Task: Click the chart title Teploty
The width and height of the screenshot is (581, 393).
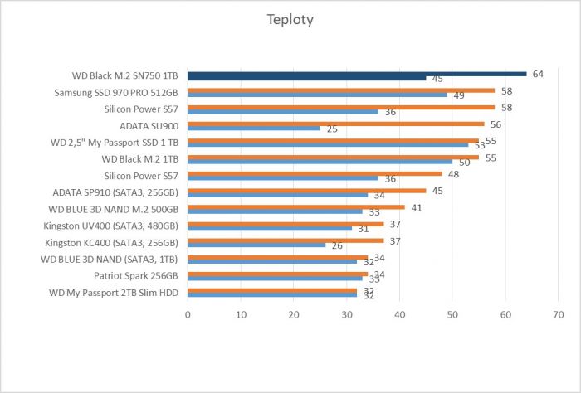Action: pos(290,20)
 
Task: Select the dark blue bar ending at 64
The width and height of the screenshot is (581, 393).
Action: pos(357,74)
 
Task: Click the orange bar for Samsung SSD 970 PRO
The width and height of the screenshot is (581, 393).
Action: pos(341,90)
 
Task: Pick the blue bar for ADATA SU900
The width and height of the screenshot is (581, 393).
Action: pos(254,128)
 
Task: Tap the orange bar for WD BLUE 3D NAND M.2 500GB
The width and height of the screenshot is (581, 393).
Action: pos(296,207)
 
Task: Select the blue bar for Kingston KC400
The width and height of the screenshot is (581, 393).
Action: pos(256,245)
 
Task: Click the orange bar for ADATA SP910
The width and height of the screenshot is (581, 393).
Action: pos(307,191)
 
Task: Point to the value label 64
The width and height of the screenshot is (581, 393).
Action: pos(538,74)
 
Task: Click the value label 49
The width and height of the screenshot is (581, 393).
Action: pos(459,95)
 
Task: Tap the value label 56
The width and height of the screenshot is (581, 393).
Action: pos(496,124)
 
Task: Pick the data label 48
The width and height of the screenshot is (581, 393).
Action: pos(453,174)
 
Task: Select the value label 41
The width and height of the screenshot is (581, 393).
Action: pos(417,208)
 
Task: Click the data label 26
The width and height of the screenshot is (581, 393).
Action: pos(337,245)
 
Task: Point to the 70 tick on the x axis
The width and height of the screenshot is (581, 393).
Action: pos(558,315)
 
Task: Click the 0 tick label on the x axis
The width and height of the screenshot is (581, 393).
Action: pos(188,315)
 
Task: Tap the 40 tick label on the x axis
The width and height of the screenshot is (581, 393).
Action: pos(399,315)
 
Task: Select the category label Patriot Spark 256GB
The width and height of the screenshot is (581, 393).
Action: pos(135,276)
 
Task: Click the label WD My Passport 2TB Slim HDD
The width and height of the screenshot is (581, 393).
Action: pos(114,293)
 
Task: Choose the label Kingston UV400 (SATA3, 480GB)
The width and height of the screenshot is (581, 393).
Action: pos(110,226)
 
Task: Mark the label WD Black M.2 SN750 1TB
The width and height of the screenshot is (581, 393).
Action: pos(124,75)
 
